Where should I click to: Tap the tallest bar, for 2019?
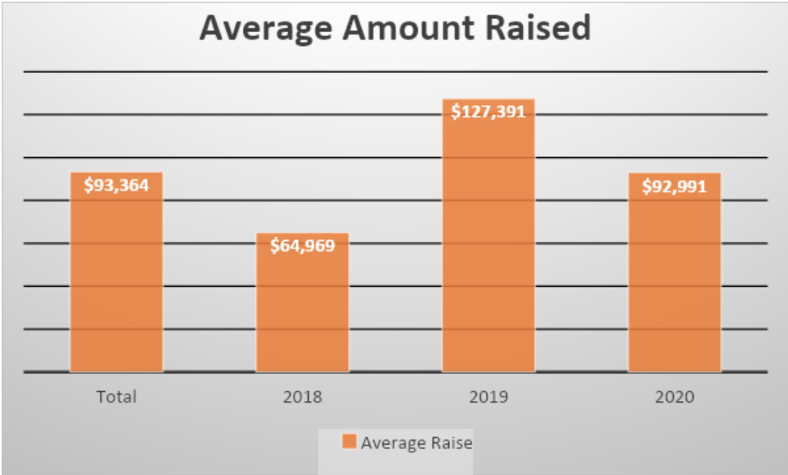point(488,247)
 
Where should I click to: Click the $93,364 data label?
point(117,185)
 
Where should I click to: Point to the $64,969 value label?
point(302,245)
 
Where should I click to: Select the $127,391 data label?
point(488,111)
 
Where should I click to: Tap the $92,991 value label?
point(675,185)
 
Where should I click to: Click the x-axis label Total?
point(117,397)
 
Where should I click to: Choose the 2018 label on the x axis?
point(302,397)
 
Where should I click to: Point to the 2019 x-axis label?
point(488,397)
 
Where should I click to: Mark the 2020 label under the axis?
point(675,397)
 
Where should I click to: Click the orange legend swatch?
point(349,442)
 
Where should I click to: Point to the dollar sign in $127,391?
point(456,111)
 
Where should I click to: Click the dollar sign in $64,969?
point(274,245)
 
